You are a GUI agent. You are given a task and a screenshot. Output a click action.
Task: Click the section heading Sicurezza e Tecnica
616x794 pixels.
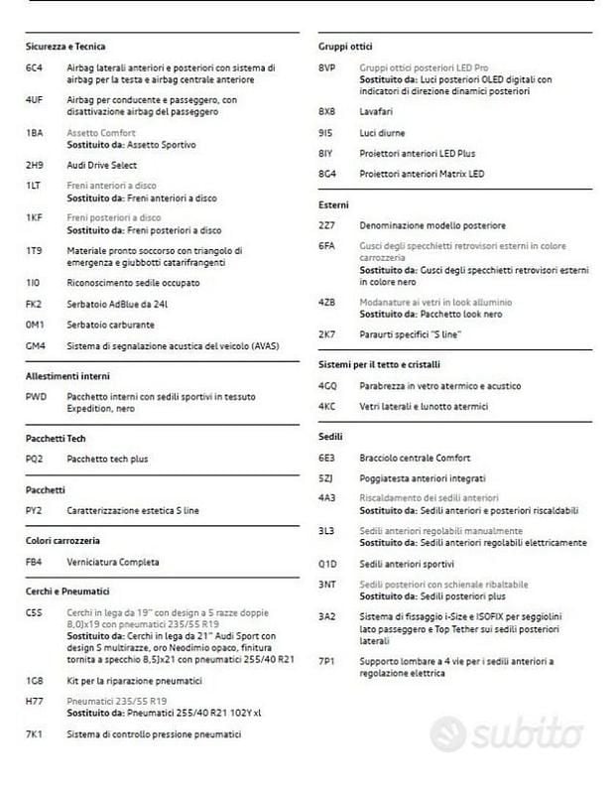click(x=65, y=47)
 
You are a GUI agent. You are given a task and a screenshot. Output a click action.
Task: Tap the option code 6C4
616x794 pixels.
click(x=34, y=68)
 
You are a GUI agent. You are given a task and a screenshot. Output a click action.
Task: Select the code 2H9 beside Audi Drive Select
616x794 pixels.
click(x=34, y=165)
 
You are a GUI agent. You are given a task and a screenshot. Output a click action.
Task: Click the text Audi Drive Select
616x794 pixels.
click(x=102, y=165)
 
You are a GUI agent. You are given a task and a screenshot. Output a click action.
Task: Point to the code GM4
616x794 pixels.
click(x=36, y=345)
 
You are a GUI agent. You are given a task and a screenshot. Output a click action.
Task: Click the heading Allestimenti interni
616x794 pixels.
click(x=68, y=376)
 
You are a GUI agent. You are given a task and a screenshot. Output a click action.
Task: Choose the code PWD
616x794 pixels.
click(x=36, y=397)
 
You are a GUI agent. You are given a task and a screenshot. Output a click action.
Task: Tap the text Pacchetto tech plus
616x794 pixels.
click(x=107, y=459)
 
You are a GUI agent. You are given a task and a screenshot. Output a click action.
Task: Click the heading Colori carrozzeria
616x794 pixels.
click(x=62, y=541)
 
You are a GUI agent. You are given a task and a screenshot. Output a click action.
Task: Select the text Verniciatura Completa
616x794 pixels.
click(x=113, y=562)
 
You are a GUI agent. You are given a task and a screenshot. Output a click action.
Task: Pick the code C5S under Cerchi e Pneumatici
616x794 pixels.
click(x=35, y=613)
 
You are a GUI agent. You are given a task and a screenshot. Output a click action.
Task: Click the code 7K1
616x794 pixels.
click(x=34, y=734)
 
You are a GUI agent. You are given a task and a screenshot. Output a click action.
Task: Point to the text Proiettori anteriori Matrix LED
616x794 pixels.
click(x=422, y=174)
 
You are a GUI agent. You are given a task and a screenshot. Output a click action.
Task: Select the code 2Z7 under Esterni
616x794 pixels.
click(x=327, y=225)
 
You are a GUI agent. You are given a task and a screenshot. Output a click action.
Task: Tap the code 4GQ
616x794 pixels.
click(x=328, y=385)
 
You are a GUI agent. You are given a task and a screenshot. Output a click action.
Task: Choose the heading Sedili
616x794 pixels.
click(x=331, y=437)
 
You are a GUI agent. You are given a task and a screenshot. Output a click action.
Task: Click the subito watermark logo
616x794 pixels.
click(x=505, y=734)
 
